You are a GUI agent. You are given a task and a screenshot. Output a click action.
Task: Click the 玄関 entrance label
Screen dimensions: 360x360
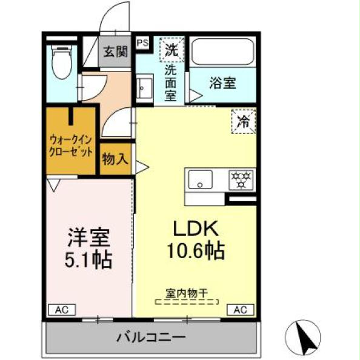[115, 52]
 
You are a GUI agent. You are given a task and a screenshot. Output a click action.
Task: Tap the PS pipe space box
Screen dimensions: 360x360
[142, 42]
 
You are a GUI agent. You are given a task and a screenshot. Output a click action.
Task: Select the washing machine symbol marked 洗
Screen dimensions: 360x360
[171, 49]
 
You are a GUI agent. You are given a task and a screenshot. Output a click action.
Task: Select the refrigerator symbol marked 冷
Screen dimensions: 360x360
[243, 120]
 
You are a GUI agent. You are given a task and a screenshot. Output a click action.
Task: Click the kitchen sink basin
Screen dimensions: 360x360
[199, 179]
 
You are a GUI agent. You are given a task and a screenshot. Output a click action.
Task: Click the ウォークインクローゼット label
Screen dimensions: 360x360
[70, 145]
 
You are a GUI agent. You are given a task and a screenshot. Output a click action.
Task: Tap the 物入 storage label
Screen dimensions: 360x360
[115, 159]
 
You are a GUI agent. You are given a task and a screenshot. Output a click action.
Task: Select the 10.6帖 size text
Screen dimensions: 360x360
[196, 250]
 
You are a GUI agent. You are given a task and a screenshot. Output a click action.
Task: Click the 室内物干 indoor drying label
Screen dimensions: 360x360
[187, 293]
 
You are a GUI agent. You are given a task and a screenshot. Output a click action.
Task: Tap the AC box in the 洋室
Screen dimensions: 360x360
[61, 310]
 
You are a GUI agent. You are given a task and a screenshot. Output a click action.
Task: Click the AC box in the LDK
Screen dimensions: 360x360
[240, 310]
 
